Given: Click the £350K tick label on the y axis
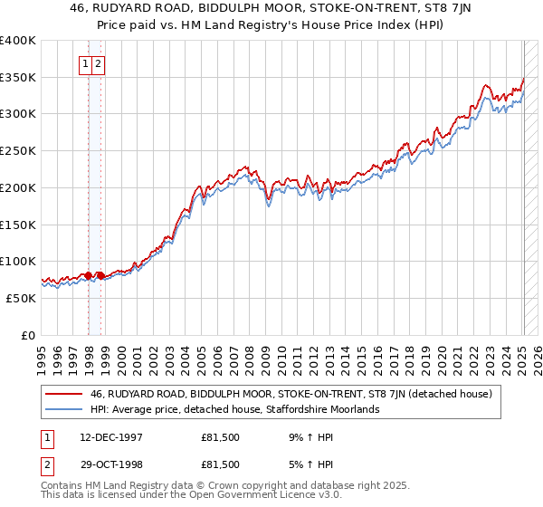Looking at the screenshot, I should point(18,78).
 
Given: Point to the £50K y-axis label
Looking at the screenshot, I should point(21,298).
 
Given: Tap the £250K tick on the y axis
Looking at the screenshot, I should point(18,151).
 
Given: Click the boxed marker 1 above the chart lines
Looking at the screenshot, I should point(85,63).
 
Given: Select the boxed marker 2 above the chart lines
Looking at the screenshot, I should point(97,63).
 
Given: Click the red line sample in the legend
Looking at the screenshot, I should point(65,395).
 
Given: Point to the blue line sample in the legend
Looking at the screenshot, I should point(65,410).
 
